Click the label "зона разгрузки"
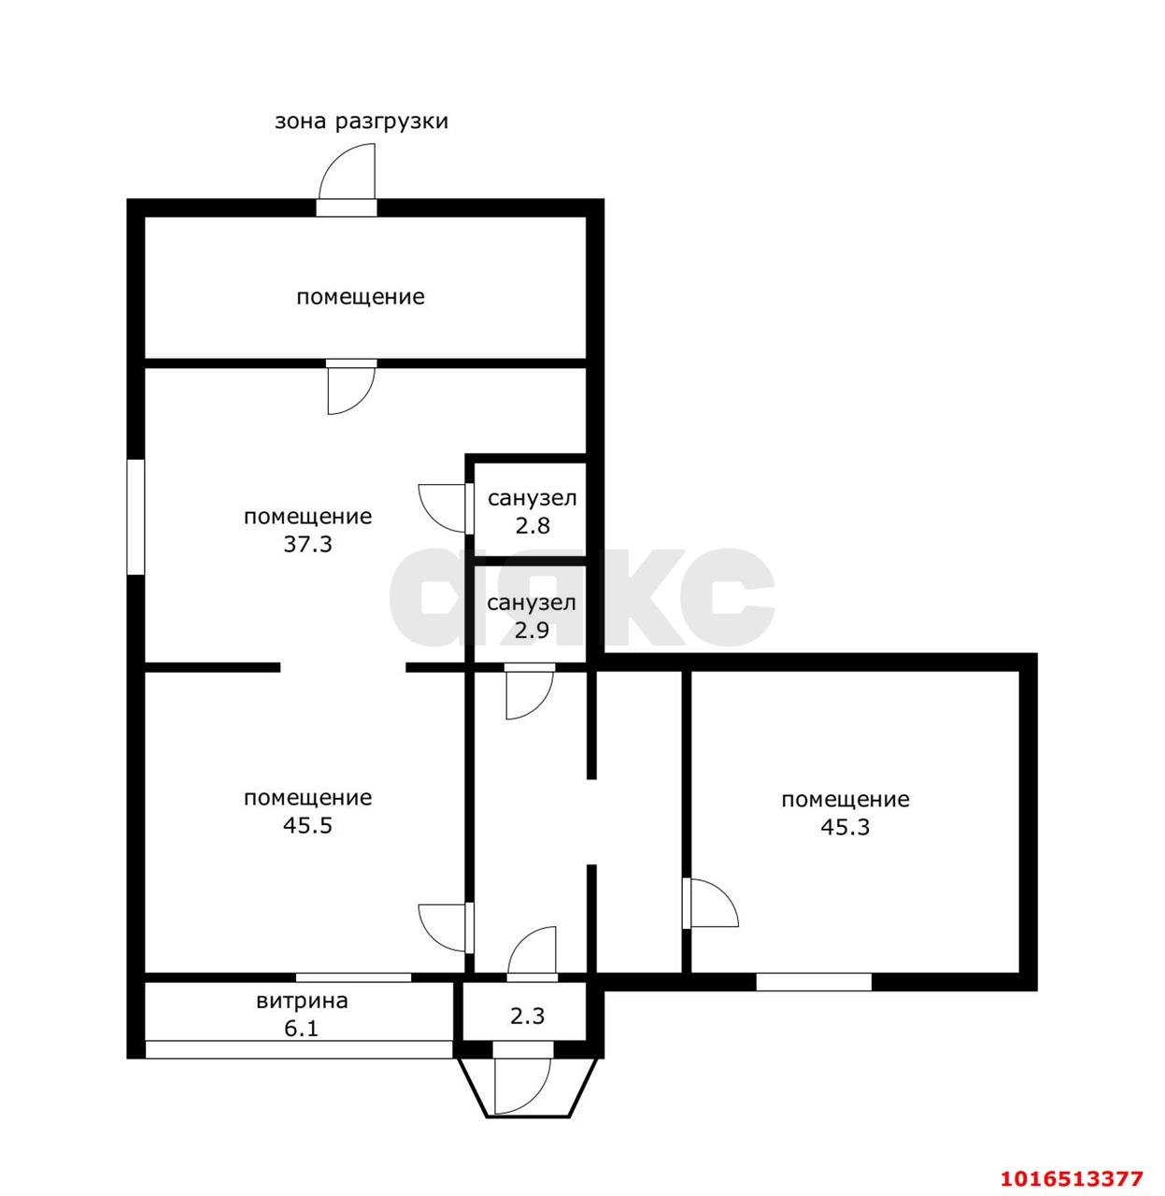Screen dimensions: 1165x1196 pos(361,122)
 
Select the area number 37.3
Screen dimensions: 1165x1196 pos(307,544)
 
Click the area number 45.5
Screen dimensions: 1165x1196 pos(307,825)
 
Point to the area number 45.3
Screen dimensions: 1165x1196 pos(845,827)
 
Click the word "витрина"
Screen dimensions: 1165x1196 pos(302,1001)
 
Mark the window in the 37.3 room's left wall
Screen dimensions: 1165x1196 pos(135,517)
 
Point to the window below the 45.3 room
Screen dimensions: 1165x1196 pos(814,981)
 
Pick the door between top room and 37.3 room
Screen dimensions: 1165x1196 pos(351,387)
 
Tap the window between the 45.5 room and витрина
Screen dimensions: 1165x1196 pos(353,977)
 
